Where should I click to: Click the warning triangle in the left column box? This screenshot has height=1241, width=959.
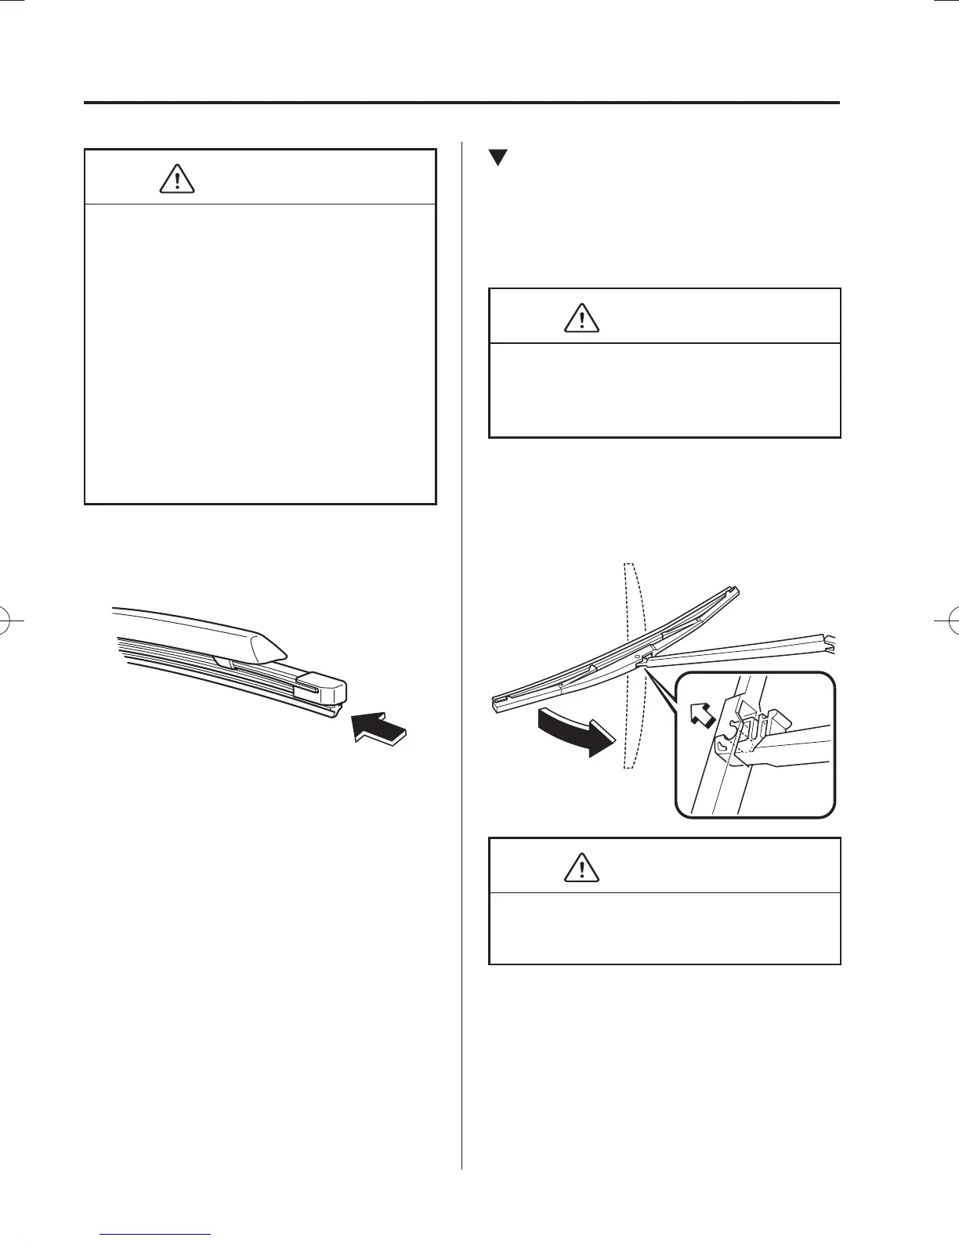click(x=178, y=180)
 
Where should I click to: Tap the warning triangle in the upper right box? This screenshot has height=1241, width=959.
click(x=582, y=318)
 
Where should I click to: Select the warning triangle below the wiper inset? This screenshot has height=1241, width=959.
click(x=582, y=867)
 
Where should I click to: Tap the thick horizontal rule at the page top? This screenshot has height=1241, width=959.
click(x=462, y=103)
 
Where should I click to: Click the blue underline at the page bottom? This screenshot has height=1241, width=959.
click(x=156, y=1236)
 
